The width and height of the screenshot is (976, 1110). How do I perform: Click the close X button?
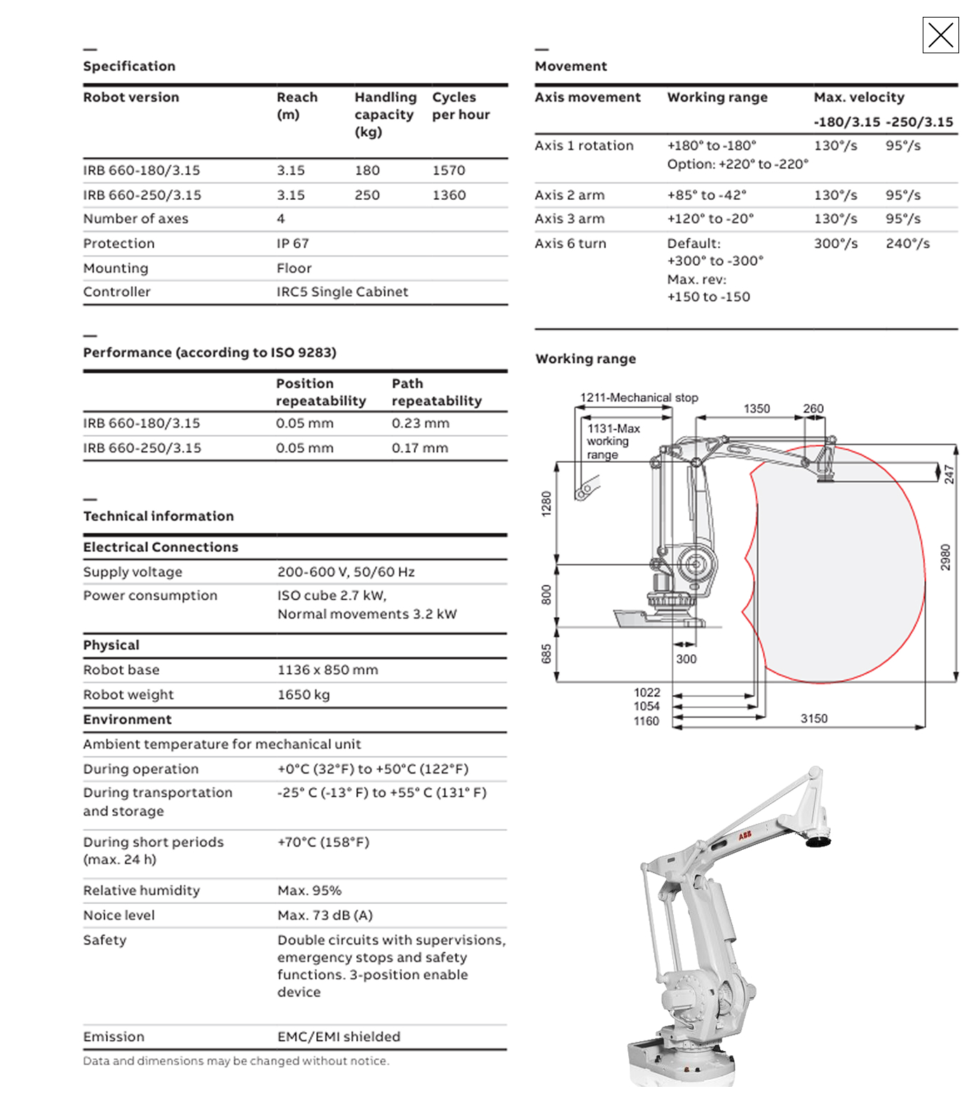(940, 35)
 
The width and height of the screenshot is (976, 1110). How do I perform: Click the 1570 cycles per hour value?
(449, 170)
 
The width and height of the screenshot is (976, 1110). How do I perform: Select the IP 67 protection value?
(292, 243)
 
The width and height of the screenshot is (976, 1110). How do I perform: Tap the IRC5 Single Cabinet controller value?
(342, 292)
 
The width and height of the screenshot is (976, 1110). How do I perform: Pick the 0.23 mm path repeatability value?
(420, 424)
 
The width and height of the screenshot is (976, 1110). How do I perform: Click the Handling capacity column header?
(385, 114)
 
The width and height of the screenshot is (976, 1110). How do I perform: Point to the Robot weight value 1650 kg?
(304, 694)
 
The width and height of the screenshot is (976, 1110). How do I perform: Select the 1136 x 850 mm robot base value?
(327, 670)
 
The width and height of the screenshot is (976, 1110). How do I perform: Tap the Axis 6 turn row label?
(570, 243)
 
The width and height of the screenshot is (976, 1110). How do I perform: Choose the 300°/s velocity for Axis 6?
(835, 243)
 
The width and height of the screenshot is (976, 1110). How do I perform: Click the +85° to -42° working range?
(707, 195)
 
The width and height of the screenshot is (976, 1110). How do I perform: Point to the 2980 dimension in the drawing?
(945, 557)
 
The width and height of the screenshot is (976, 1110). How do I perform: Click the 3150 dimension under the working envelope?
(813, 719)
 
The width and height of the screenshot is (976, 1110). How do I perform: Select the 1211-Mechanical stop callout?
(639, 398)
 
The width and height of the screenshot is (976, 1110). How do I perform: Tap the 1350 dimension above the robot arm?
(757, 408)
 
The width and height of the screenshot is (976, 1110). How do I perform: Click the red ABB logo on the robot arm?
(745, 836)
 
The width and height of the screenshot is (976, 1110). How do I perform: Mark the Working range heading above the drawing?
(585, 359)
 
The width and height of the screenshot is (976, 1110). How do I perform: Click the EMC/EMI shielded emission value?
(339, 1036)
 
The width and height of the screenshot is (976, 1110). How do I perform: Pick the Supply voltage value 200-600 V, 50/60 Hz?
(346, 572)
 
